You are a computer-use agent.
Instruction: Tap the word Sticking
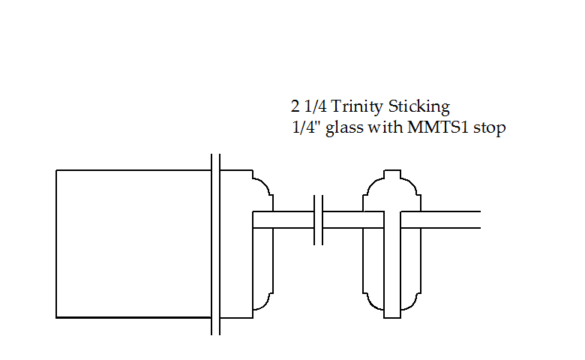pyautogui.click(x=419, y=107)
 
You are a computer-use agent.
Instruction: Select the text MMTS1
pyautogui.click(x=437, y=127)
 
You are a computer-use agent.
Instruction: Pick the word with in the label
pyautogui.click(x=385, y=127)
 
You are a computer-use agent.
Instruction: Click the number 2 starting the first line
pyautogui.click(x=295, y=106)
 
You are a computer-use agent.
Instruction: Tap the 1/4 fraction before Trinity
pyautogui.click(x=315, y=106)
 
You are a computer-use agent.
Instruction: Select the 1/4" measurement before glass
pyautogui.click(x=307, y=127)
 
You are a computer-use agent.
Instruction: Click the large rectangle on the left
pyautogui.click(x=133, y=244)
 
